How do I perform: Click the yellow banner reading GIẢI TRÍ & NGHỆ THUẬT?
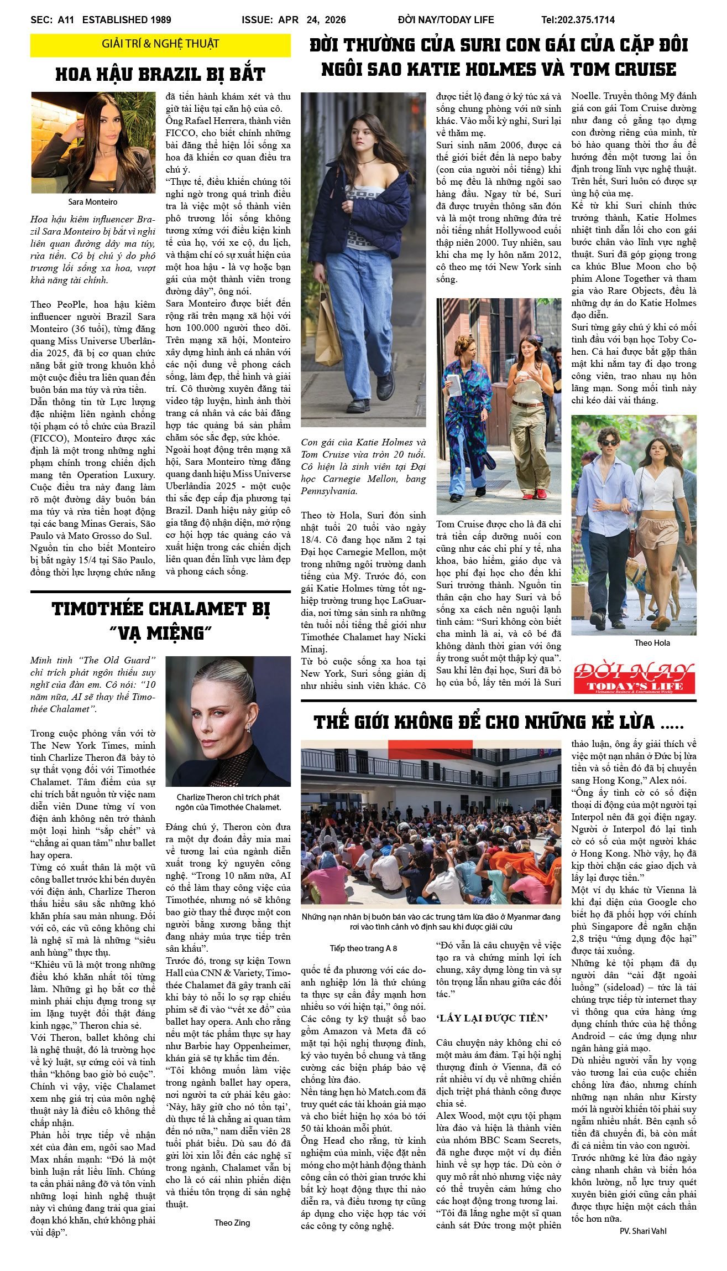160,44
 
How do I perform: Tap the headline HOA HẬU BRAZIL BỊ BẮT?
160,75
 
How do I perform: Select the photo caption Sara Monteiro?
93,202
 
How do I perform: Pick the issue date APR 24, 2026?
312,20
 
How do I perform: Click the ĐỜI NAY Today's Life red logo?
634,678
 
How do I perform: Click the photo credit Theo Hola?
652,643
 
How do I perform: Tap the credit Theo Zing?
232,1223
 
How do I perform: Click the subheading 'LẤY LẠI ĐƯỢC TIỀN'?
491,1018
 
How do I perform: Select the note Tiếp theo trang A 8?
363,948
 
